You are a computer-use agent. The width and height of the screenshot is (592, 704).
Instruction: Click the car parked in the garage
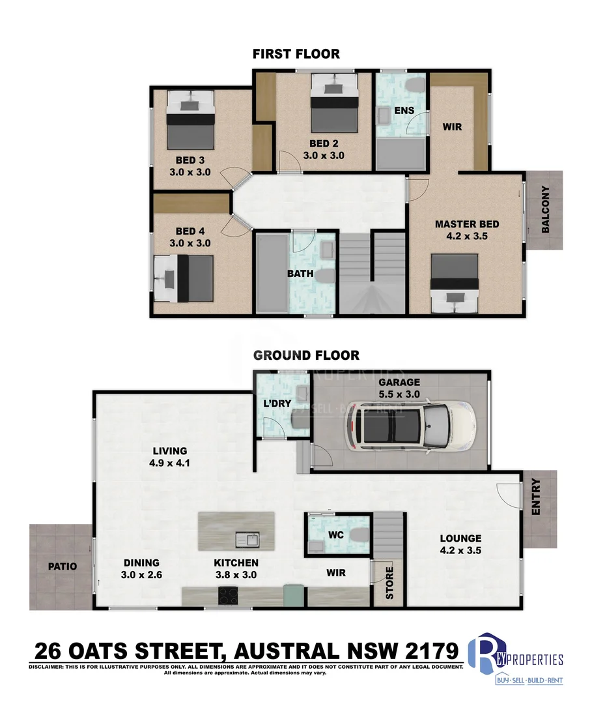click(x=410, y=428)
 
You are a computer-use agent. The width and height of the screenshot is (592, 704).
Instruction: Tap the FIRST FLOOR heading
click(x=296, y=53)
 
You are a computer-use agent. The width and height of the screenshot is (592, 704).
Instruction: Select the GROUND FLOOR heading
click(x=306, y=355)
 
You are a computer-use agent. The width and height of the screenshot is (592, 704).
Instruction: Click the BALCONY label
click(x=545, y=210)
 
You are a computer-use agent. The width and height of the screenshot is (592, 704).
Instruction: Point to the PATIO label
click(x=62, y=566)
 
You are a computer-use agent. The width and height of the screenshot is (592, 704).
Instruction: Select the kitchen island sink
click(x=247, y=540)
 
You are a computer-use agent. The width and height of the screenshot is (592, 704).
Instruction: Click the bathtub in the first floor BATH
click(x=271, y=274)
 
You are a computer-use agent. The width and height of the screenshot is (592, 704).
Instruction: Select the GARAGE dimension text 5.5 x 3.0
click(x=400, y=394)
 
